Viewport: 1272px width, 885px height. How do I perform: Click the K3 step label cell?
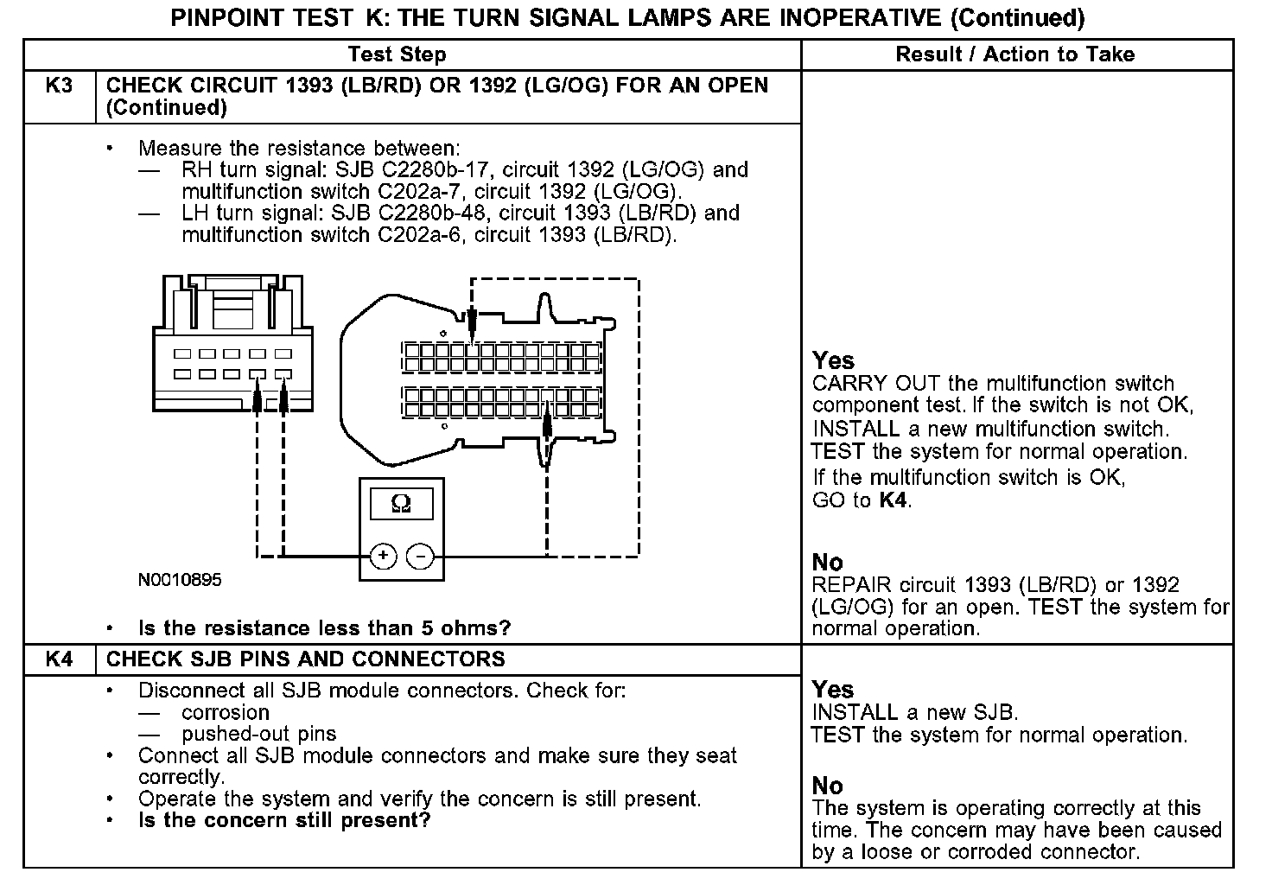click(58, 86)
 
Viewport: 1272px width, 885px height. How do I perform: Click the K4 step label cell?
click(58, 659)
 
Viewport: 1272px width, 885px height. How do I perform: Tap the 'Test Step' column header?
click(397, 55)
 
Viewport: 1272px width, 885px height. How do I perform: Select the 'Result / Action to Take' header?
click(1014, 55)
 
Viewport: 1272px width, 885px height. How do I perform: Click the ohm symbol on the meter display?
click(401, 503)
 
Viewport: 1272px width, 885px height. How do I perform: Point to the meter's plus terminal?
click(383, 556)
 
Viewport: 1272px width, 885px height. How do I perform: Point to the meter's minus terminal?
click(421, 556)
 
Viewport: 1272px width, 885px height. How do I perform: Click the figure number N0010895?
click(180, 580)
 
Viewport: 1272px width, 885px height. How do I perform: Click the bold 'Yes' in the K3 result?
click(833, 361)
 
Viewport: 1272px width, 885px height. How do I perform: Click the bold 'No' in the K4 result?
click(827, 786)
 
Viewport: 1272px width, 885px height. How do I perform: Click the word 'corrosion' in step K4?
click(226, 712)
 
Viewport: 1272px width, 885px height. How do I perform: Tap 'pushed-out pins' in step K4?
click(258, 734)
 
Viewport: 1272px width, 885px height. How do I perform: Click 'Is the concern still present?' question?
click(284, 819)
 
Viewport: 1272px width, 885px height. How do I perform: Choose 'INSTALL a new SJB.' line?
click(915, 713)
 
